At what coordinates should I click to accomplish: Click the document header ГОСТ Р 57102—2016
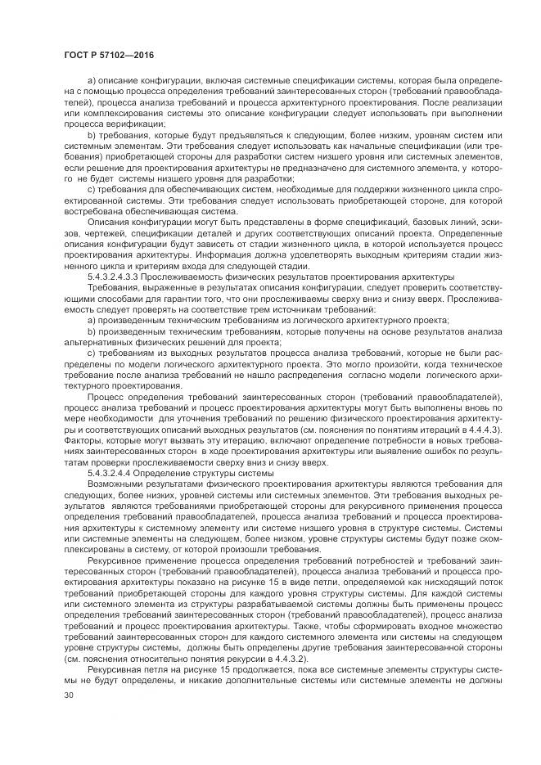click(108, 54)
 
